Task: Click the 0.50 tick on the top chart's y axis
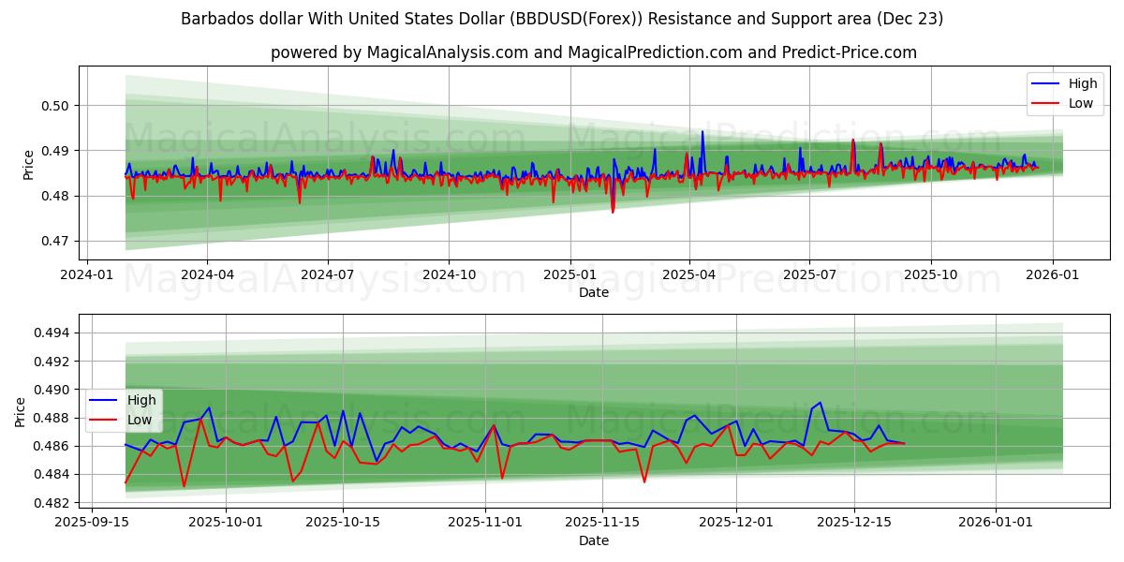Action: point(57,106)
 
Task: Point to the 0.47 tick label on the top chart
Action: point(57,241)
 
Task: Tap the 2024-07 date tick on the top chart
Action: point(327,275)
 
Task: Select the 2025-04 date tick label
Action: point(689,275)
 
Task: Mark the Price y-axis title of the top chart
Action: point(28,164)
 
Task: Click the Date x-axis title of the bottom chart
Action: point(593,540)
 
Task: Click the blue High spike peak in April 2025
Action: point(702,131)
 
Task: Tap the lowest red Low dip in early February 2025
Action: point(613,213)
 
